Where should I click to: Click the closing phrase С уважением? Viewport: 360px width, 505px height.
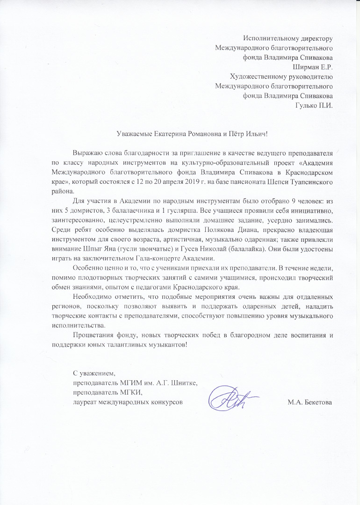tap(94, 374)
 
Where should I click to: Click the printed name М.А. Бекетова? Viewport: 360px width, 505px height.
tap(310, 402)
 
